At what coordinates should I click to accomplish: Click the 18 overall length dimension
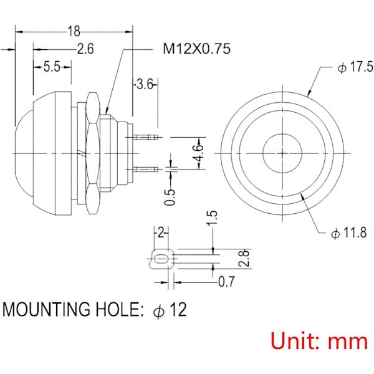coord(74,31)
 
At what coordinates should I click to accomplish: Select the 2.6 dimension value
coord(85,49)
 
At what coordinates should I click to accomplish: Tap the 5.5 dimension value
coord(52,67)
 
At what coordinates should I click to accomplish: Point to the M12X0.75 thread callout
coord(197,49)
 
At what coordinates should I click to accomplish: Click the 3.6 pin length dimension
coord(145,84)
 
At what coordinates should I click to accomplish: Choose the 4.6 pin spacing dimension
coord(199,153)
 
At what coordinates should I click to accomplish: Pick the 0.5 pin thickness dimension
coord(170,197)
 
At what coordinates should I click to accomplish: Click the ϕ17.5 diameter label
coord(355,67)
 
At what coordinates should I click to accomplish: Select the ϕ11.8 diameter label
coord(349,233)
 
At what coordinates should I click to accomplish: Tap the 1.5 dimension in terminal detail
coord(212,218)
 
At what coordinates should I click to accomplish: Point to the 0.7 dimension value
coord(227,282)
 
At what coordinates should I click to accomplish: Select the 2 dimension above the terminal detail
coord(161,233)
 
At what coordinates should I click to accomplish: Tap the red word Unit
coord(296,341)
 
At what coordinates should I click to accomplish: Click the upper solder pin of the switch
coord(146,137)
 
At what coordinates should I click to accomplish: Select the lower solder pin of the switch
coord(146,170)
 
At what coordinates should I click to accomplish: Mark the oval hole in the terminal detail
coord(161,259)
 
